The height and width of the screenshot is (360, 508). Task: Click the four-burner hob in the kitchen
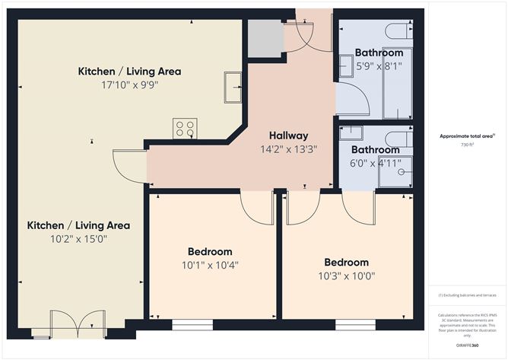(185, 128)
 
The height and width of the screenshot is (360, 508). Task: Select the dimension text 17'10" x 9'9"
(129, 86)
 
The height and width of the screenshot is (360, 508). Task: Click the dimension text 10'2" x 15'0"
(78, 239)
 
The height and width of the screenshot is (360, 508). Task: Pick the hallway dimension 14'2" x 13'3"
(288, 150)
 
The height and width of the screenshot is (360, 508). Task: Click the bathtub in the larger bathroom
(397, 84)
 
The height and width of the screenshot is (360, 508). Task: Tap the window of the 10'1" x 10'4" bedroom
(192, 325)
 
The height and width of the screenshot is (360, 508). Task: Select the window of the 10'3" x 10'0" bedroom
(355, 325)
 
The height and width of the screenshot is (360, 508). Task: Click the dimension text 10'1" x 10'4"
(210, 266)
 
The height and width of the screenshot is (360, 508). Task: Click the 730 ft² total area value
(467, 145)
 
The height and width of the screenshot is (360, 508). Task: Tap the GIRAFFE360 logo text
(466, 345)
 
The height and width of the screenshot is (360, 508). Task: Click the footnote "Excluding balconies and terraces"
(467, 295)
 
